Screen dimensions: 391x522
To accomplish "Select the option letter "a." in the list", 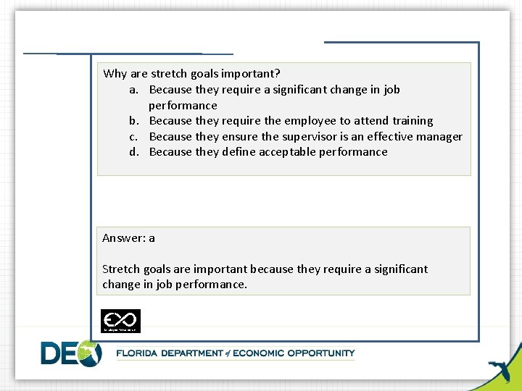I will (x=135, y=90).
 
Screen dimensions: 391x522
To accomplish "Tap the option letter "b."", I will (x=135, y=121).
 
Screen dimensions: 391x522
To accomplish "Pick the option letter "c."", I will (x=135, y=137).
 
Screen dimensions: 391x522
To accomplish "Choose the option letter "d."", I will (x=135, y=152).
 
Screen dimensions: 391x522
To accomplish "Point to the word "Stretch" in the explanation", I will (x=121, y=269).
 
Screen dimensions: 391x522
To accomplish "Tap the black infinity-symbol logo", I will (x=120, y=321).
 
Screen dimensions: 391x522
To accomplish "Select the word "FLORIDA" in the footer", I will (x=141, y=353).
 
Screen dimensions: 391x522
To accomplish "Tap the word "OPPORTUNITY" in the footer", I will (x=321, y=353).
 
